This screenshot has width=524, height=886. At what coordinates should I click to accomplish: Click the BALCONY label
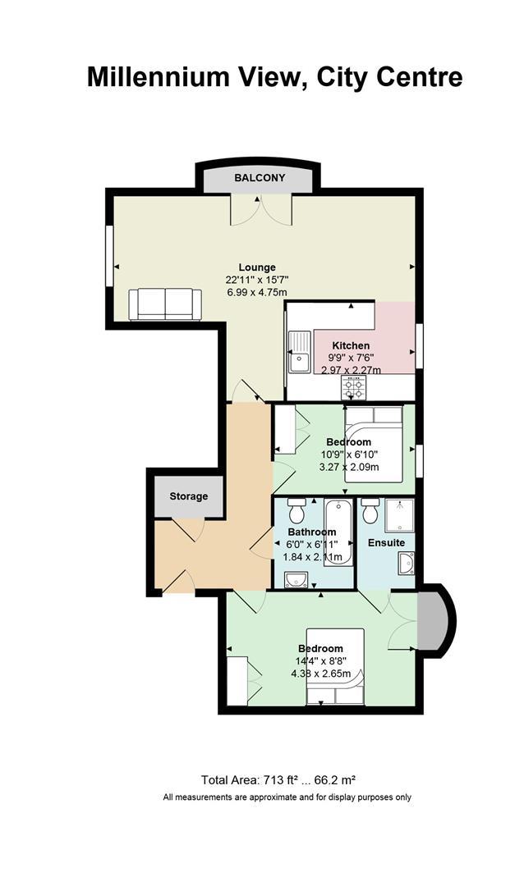point(260,178)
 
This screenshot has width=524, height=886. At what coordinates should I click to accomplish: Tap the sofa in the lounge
point(164,304)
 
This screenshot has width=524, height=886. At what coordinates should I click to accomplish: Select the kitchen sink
point(299,352)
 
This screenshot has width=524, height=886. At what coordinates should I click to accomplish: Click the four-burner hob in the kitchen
point(354,388)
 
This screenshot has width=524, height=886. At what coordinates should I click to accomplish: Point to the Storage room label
point(188,496)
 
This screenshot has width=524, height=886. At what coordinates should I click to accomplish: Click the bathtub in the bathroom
point(338,532)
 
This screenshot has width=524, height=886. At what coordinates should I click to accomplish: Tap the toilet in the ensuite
point(370,511)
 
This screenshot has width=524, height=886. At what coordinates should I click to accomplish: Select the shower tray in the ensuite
point(399,515)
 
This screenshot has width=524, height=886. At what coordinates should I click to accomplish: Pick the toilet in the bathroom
point(296,511)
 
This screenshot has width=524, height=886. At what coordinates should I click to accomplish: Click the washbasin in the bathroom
point(296,580)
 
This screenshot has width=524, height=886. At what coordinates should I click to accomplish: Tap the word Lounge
point(257,267)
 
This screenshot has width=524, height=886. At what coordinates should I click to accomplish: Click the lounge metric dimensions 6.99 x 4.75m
point(257,293)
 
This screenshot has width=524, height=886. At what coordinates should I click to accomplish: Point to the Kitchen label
point(351,346)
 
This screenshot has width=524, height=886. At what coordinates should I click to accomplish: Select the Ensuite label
point(387,543)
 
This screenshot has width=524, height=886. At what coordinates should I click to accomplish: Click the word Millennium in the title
point(156,77)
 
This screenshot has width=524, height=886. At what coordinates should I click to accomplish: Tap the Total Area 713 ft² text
point(250,780)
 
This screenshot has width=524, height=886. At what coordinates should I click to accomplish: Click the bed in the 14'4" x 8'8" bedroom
point(335,666)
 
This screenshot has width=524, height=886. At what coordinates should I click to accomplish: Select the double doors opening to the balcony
point(261,210)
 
